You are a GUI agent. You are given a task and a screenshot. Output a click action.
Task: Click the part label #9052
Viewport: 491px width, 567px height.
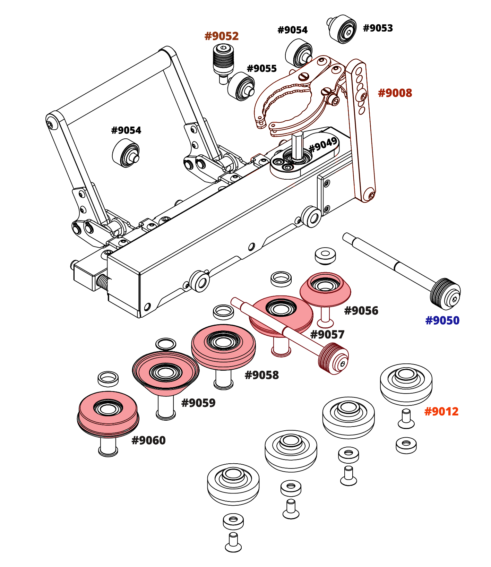(222, 36)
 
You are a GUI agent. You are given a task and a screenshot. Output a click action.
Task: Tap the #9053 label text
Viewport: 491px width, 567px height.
(378, 28)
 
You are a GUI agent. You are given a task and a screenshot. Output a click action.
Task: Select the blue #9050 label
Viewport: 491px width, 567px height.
(442, 320)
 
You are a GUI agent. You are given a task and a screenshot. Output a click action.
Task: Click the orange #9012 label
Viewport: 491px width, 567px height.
(441, 412)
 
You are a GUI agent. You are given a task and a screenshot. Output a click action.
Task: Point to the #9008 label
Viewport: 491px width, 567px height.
(395, 93)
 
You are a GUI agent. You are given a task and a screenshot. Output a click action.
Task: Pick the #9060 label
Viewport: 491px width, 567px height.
(148, 440)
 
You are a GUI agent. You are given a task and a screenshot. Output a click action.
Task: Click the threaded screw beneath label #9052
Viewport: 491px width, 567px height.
(223, 61)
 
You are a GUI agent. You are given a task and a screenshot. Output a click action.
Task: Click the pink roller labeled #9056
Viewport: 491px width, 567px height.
(325, 290)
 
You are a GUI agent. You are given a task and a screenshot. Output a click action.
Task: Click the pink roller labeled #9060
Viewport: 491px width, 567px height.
(108, 413)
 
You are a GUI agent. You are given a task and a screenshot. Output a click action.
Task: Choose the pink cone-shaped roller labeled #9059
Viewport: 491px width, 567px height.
(165, 373)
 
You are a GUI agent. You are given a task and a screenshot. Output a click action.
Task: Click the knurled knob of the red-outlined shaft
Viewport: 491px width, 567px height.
(333, 359)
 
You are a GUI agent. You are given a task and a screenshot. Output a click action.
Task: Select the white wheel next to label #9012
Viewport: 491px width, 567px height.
(406, 383)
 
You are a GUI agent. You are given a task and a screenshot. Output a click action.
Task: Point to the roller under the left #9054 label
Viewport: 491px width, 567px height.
(126, 153)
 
